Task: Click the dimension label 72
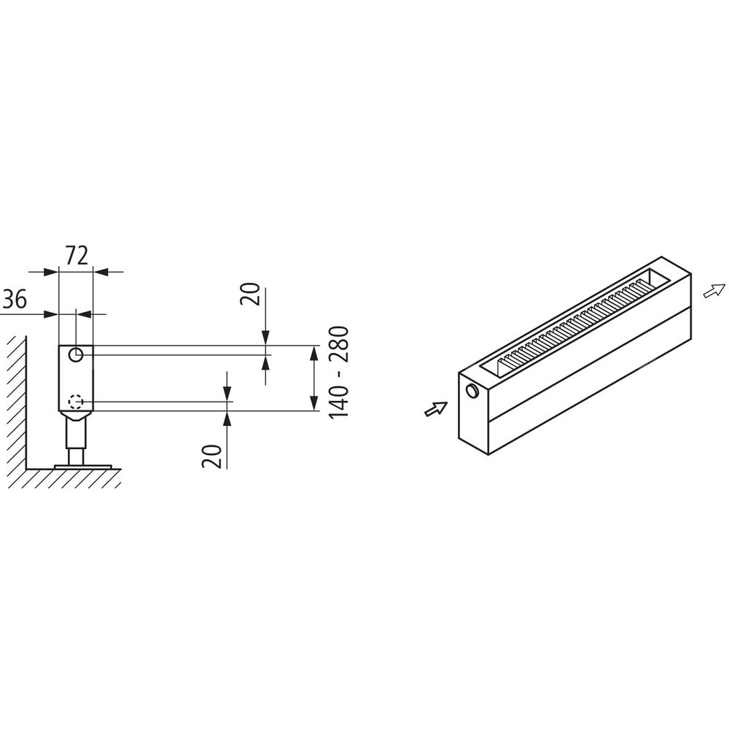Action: point(77,255)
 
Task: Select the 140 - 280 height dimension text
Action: point(339,373)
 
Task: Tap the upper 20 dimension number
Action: point(251,294)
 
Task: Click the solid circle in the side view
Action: point(76,355)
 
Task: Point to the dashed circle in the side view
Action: point(76,401)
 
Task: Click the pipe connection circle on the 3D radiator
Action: point(472,391)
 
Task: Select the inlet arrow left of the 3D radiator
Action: point(436,409)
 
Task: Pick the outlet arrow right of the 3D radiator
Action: point(714,291)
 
